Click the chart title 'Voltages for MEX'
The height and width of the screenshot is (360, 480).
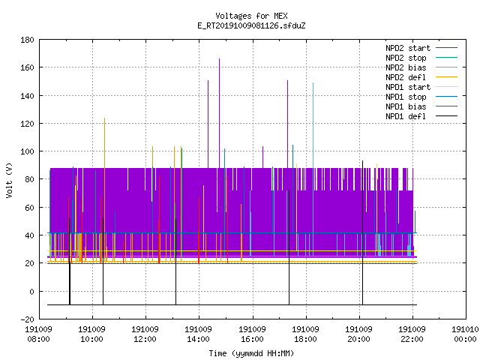click(251, 16)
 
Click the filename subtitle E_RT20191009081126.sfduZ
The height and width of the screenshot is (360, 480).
click(251, 25)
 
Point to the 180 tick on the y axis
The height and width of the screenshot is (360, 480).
click(27, 40)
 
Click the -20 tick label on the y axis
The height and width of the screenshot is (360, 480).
click(27, 319)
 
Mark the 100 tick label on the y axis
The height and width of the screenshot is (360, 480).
click(27, 151)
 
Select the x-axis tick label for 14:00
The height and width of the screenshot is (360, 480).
click(198, 334)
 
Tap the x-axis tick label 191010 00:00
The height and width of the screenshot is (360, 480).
click(465, 334)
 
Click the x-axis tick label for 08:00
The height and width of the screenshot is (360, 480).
click(38, 334)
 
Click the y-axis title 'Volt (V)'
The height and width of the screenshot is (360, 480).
click(9, 180)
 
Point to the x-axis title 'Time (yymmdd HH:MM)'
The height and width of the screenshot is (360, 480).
click(251, 353)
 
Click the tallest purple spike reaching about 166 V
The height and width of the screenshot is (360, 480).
click(219, 113)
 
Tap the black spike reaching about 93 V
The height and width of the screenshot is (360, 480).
click(362, 232)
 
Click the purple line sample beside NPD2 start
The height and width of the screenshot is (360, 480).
click(447, 48)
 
